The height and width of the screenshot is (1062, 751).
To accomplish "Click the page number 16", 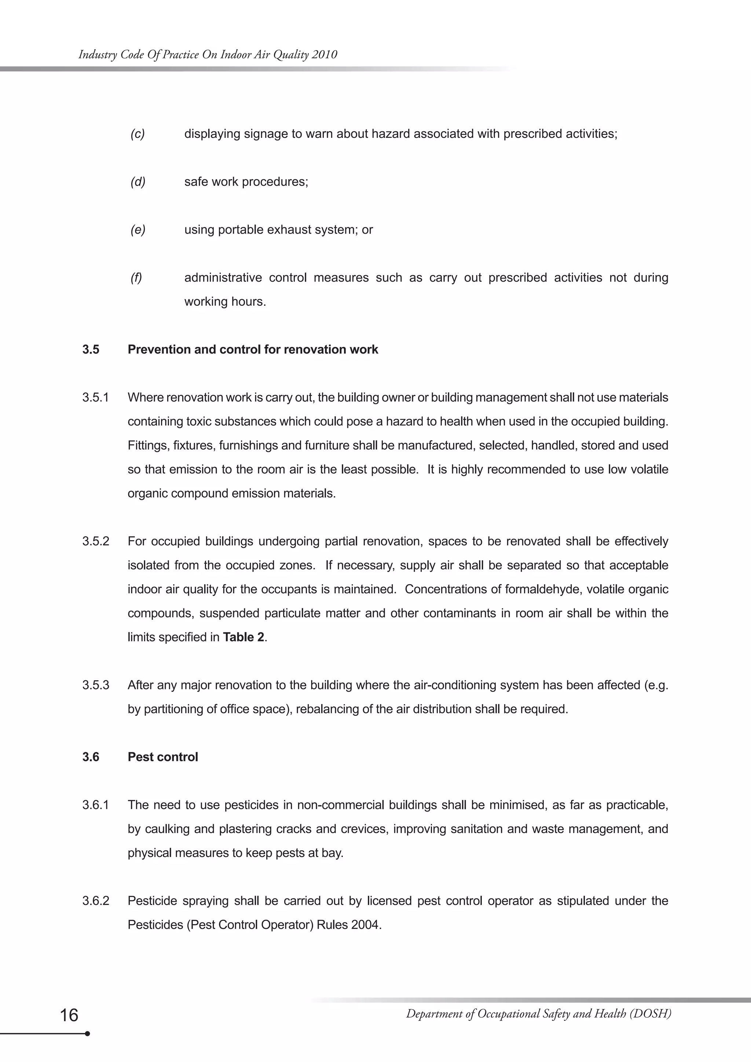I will [x=69, y=1015].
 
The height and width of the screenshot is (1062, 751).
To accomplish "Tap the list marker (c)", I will [x=138, y=134].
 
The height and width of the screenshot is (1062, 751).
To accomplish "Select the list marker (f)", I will [x=136, y=278].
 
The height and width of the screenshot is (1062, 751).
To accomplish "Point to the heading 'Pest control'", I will [x=163, y=757].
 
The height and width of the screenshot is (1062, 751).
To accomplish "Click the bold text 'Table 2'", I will [x=243, y=637].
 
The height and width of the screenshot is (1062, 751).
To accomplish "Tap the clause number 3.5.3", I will [x=96, y=685].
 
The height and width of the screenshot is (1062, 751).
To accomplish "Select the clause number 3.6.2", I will [x=96, y=901].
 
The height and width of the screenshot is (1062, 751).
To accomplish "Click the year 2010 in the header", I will [x=324, y=55].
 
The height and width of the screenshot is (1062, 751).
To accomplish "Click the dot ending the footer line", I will [x=87, y=1033].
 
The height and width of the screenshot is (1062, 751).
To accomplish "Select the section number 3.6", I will [x=91, y=757].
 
